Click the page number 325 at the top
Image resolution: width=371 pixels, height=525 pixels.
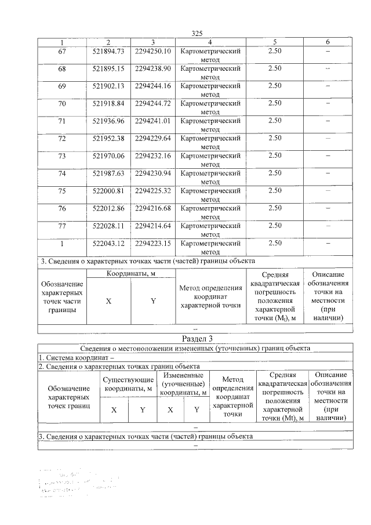[197, 34]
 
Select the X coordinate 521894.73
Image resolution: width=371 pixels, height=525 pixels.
[108, 52]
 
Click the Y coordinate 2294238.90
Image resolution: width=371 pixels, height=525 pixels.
[152, 68]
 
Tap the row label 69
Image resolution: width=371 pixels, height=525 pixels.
[62, 86]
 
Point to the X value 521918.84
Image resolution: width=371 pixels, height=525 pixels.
[108, 103]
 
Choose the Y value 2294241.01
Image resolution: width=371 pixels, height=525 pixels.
[152, 121]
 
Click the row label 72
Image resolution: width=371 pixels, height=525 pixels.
[62, 138]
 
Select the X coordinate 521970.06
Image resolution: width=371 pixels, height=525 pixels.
[108, 155]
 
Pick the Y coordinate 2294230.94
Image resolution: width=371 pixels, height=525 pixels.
[152, 173]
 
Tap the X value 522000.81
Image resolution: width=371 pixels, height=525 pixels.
[108, 190]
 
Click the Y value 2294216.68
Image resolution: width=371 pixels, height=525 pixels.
[152, 208]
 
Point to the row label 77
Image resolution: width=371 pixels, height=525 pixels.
[62, 225]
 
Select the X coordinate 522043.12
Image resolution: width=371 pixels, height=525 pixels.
[108, 242]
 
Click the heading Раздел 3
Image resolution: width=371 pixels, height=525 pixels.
[197, 339]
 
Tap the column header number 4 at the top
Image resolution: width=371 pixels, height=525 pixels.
[210, 42]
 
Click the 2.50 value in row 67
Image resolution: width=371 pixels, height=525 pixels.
[275, 52]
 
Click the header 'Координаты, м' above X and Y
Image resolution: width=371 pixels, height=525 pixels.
[130, 273]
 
